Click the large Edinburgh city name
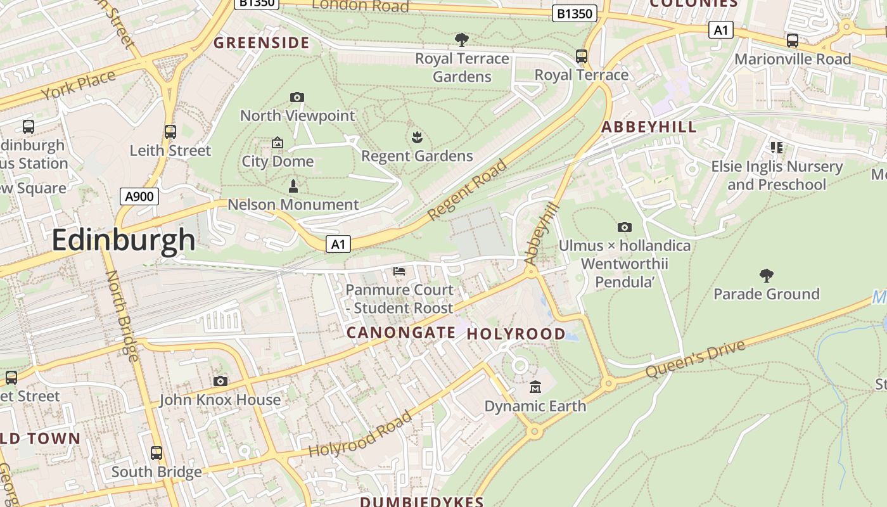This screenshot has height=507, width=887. (124, 240)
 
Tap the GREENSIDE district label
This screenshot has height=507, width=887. (262, 43)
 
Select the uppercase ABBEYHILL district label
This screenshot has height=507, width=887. (649, 127)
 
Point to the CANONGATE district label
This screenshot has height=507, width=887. (401, 333)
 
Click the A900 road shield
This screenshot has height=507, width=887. (139, 196)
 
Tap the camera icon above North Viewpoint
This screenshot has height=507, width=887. (297, 97)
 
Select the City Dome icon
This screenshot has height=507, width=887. (277, 143)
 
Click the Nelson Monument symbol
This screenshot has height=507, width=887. (293, 186)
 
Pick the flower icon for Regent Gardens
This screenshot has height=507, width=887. (417, 137)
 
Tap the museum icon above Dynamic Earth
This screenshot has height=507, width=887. (535, 387)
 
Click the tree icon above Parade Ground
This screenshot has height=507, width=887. (766, 276)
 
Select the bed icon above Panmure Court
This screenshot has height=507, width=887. (399, 271)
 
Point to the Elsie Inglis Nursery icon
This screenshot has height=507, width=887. (777, 148)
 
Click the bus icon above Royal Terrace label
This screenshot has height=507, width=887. (582, 56)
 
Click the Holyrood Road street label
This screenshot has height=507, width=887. (360, 434)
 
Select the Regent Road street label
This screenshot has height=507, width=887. (468, 190)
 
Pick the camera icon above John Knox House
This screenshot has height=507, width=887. (220, 381)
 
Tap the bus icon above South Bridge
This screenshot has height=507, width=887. (156, 453)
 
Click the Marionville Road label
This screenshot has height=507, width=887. (793, 59)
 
